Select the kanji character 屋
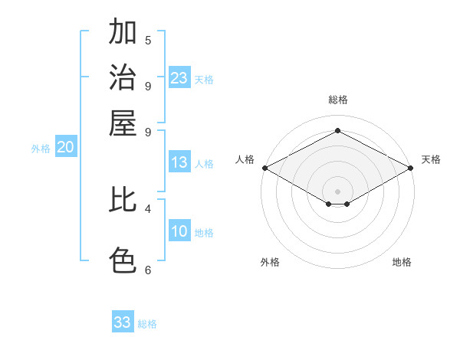(123, 123)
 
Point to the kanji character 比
(123, 200)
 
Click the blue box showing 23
(179, 78)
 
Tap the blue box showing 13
(179, 162)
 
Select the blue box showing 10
(179, 232)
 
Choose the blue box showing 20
(66, 148)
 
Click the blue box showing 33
(123, 322)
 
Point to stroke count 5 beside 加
(148, 40)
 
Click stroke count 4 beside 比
(148, 208)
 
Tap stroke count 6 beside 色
(148, 269)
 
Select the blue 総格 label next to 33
(147, 324)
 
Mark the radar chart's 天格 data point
(411, 168)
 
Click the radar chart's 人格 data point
(264, 168)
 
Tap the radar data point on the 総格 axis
(337, 130)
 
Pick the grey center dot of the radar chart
(337, 191)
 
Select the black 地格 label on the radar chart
(402, 263)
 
